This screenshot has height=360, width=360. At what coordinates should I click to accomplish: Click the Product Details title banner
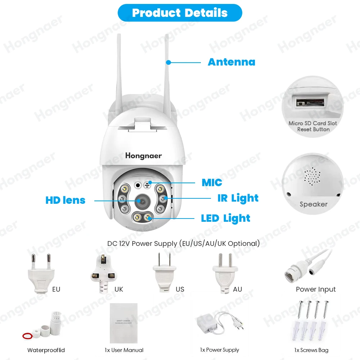[x=180, y=13]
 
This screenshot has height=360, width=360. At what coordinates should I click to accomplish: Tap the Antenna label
[x=231, y=62]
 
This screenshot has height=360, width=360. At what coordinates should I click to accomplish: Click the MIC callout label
[x=212, y=183]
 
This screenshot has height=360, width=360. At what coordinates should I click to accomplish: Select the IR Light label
[x=238, y=198]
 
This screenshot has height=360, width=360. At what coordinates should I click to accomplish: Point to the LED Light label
[x=226, y=218]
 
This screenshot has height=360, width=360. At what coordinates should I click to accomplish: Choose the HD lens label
[x=66, y=200]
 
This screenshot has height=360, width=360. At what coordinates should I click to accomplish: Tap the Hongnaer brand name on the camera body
[x=143, y=156]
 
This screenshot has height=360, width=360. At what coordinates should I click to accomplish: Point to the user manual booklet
[x=123, y=323]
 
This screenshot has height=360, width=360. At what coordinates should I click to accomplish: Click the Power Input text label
[x=316, y=289]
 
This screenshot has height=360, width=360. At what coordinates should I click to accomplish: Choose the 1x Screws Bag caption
[x=311, y=350]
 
